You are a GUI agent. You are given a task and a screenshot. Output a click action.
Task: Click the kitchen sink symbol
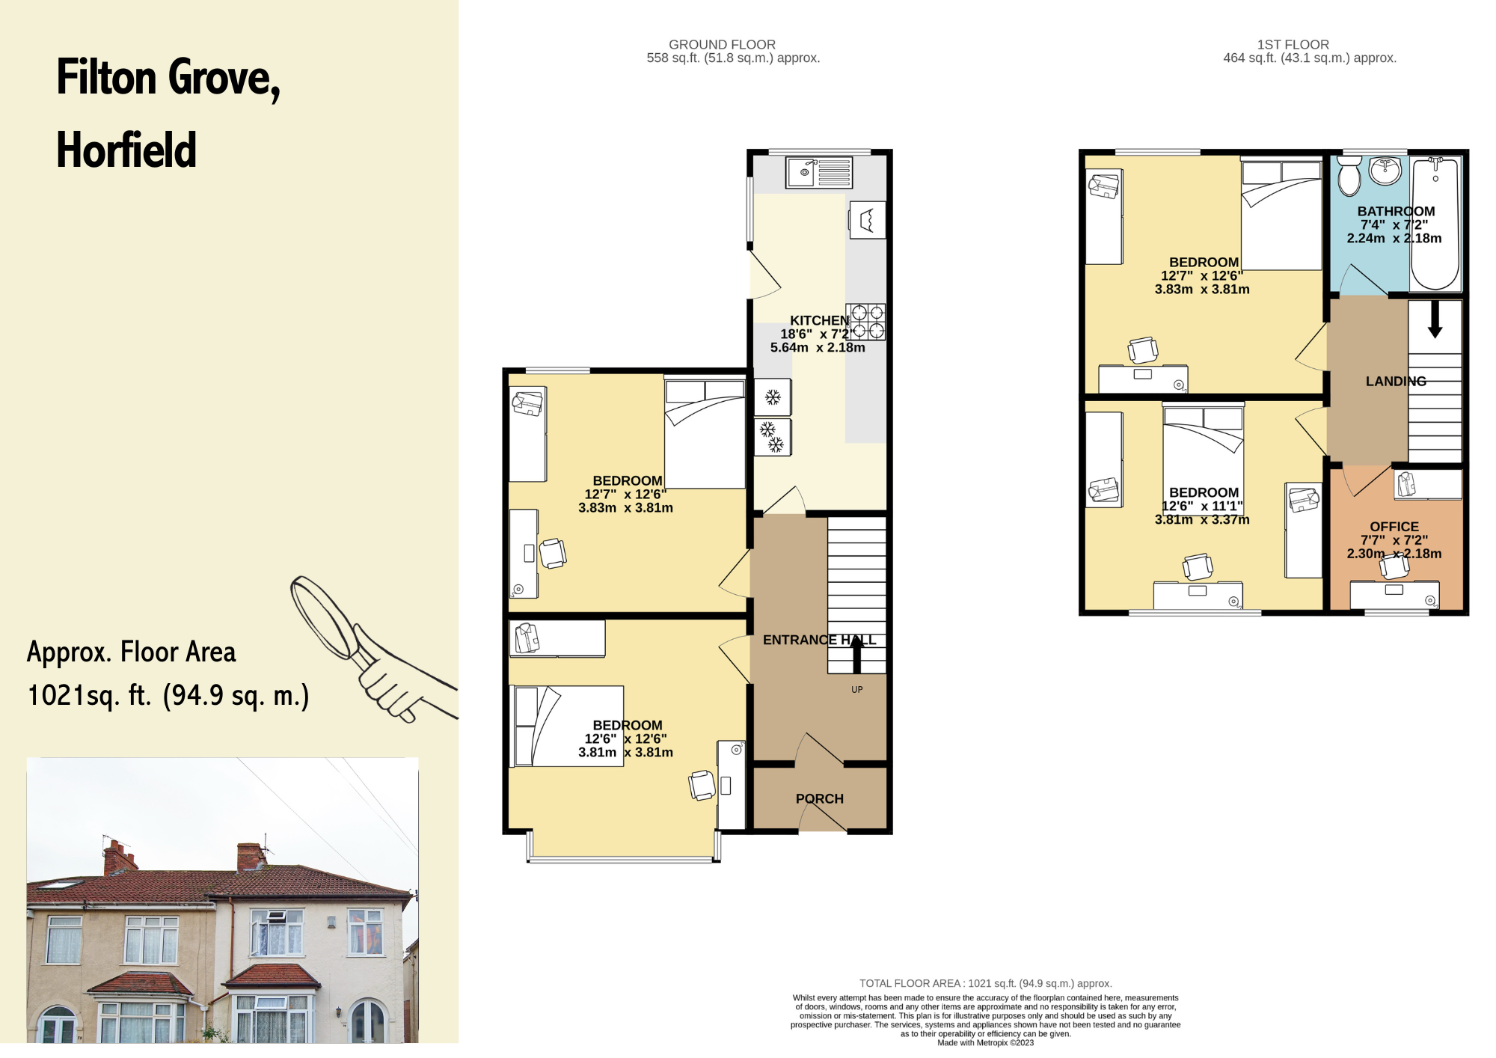[819, 172]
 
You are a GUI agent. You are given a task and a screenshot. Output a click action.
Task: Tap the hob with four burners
[866, 322]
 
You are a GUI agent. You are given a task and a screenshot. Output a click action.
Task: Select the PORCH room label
[820, 798]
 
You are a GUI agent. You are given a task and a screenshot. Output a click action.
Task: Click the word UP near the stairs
[857, 690]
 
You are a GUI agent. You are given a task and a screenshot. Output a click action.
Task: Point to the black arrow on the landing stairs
[1435, 319]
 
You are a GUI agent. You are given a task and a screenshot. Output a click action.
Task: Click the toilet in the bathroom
[1350, 176]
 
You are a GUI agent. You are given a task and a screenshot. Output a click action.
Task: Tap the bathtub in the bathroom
[1435, 223]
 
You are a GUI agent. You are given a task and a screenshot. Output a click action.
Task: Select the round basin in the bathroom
[1385, 171]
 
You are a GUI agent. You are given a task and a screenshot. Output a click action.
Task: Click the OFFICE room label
[1394, 527]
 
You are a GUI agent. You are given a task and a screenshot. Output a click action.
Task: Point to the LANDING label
[1396, 381]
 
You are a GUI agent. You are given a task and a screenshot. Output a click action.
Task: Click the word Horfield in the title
[126, 150]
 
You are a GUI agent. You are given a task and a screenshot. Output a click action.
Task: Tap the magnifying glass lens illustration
[322, 617]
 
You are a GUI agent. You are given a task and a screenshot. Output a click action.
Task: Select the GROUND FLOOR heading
[722, 45]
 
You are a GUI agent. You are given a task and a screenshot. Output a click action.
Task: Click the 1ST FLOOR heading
[1293, 45]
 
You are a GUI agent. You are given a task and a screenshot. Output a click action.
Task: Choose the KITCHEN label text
[820, 320]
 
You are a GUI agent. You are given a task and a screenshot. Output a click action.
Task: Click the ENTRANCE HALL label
[820, 640]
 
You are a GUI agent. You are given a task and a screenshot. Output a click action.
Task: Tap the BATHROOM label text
[1397, 211]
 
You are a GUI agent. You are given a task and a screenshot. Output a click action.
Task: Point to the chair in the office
[1394, 566]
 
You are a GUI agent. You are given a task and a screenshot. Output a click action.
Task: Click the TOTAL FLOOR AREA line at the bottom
[986, 983]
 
